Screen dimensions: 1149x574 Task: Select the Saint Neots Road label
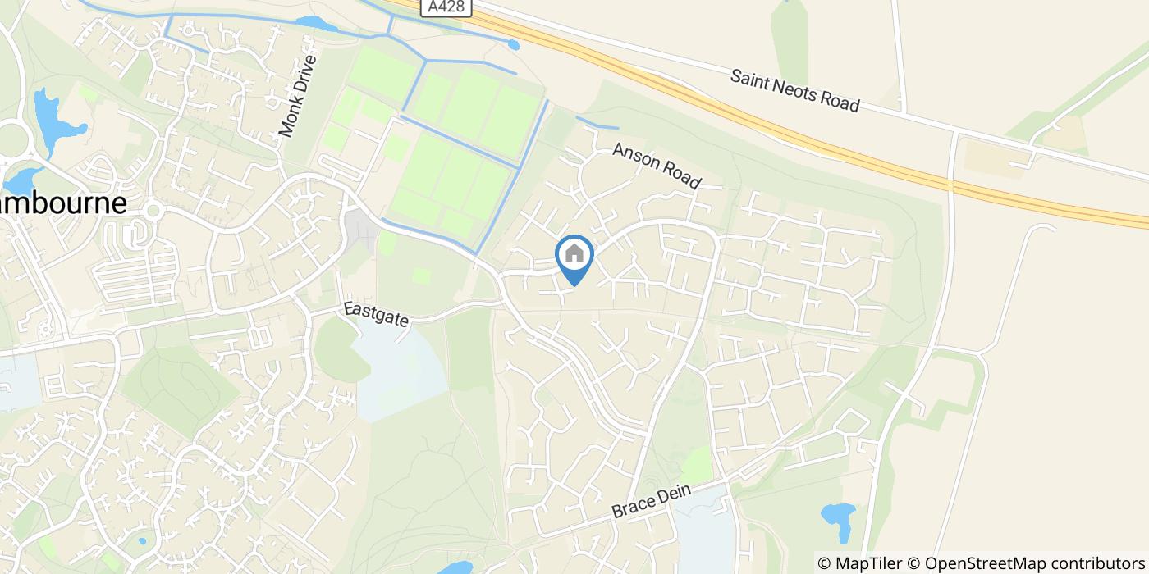pyautogui.click(x=794, y=90)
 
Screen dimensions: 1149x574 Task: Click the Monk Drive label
pyautogui.click(x=297, y=96)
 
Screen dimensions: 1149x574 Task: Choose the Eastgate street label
pyautogui.click(x=376, y=314)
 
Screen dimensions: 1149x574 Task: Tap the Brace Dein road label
pyautogui.click(x=652, y=499)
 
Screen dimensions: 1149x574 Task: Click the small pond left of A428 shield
pyautogui.click(x=316, y=25)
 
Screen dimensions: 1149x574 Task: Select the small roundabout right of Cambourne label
pyautogui.click(x=151, y=210)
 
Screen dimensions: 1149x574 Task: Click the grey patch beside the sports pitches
pyautogui.click(x=362, y=230)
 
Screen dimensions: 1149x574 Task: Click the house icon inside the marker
pyautogui.click(x=574, y=253)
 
